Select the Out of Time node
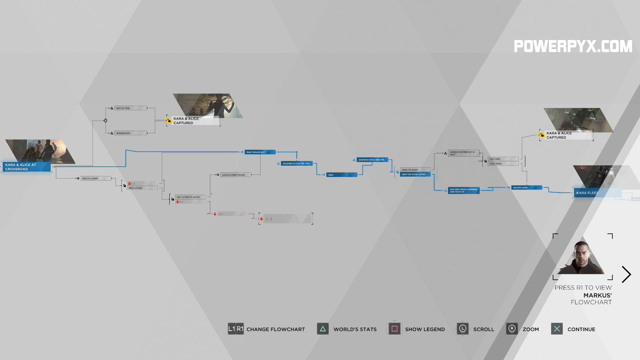(130, 108)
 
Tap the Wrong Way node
(130, 133)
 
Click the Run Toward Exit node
(260, 152)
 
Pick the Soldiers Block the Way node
(296, 164)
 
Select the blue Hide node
(341, 175)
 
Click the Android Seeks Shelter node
(372, 160)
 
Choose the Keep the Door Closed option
(415, 175)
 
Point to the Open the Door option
(415, 170)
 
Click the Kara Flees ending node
(597, 193)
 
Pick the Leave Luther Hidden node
(235, 175)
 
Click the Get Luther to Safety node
(190, 197)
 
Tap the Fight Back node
(503, 164)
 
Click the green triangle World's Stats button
(323, 329)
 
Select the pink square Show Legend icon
(394, 329)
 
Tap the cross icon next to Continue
(557, 329)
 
